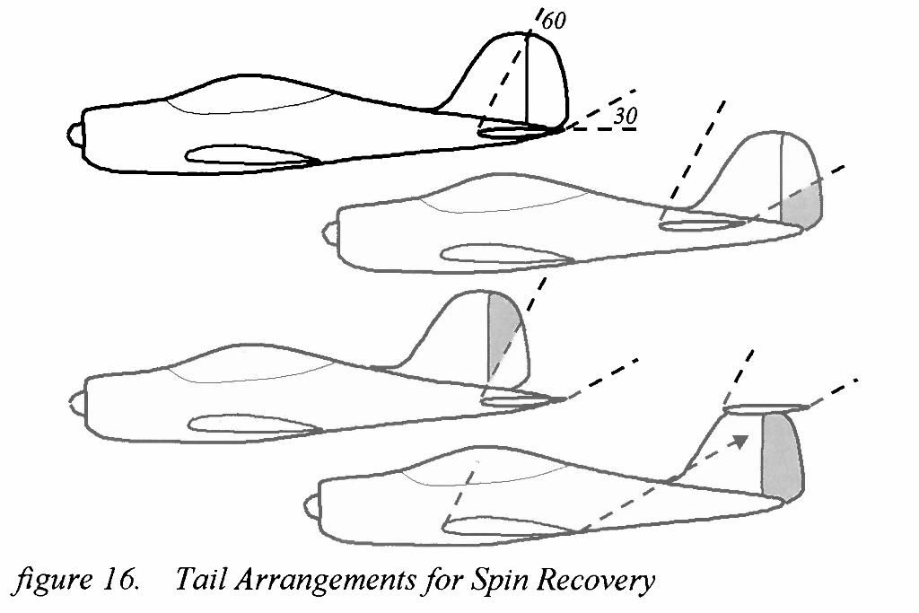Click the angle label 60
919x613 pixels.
[x=555, y=21]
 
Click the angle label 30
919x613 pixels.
[x=626, y=116]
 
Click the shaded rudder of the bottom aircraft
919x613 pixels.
[x=780, y=455]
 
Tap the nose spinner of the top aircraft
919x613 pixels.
[x=74, y=134]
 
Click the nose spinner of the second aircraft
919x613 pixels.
[x=328, y=234]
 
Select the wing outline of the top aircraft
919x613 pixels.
[x=251, y=157]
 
